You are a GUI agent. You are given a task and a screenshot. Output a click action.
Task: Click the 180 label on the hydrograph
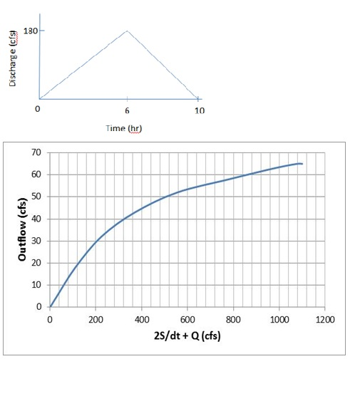[31, 31]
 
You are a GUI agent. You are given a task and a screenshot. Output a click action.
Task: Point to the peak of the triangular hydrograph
[127, 31]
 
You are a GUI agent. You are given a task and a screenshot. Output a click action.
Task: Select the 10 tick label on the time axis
[199, 110]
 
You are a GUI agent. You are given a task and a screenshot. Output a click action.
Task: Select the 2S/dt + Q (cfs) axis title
[187, 335]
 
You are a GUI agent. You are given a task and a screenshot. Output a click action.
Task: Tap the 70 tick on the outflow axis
[38, 153]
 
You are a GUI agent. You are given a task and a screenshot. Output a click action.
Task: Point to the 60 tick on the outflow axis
[38, 175]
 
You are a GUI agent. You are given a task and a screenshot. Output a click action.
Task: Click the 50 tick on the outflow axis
[38, 197]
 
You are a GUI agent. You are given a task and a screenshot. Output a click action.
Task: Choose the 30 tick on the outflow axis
[38, 241]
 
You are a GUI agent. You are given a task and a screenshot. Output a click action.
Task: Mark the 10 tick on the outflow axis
[38, 286]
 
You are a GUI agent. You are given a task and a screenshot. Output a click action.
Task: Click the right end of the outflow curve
[302, 164]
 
